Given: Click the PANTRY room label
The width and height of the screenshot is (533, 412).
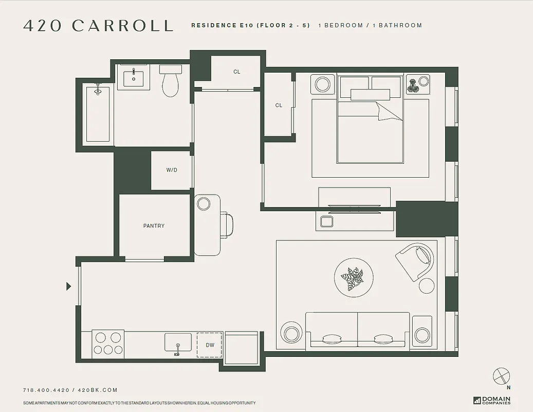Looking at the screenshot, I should click(x=154, y=226).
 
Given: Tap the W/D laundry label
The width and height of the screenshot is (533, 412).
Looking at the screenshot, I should click(x=172, y=170).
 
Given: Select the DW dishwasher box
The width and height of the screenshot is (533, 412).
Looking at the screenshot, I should click(x=210, y=345).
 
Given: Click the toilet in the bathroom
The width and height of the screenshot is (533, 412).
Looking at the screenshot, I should click(x=170, y=82).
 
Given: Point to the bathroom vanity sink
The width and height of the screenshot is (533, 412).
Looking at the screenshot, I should click(x=134, y=78).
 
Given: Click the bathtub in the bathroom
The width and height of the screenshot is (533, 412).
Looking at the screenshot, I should click(x=98, y=113).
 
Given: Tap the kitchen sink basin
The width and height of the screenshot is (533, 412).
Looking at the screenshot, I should click(x=178, y=343).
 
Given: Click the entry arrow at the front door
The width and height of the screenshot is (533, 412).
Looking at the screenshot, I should click(x=69, y=286).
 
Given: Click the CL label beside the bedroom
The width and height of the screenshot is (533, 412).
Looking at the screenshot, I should click(x=279, y=106).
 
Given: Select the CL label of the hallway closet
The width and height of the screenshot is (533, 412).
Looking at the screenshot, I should click(x=236, y=72).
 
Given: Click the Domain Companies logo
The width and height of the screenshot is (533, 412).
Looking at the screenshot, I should click(x=492, y=400).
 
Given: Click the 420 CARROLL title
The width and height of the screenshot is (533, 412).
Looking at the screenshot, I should click(x=98, y=26).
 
